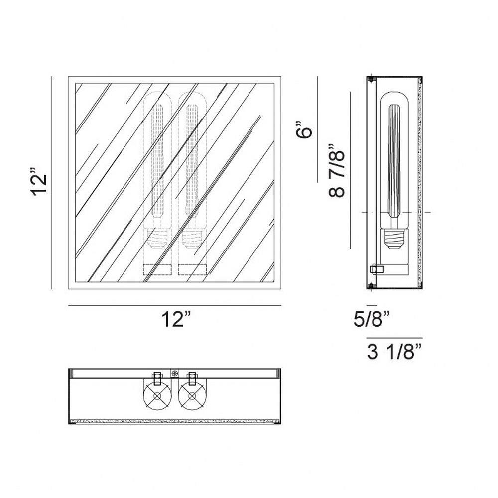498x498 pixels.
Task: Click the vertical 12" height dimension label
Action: (x=40, y=184)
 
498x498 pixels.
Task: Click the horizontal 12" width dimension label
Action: (x=177, y=319)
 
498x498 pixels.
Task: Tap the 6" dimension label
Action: (x=304, y=129)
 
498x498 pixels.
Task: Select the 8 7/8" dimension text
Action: (x=336, y=170)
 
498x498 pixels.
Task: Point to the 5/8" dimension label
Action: (x=372, y=319)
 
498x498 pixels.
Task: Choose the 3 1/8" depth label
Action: (x=395, y=352)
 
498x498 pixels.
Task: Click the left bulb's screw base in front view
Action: (x=157, y=239)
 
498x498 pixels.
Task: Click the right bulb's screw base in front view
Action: (x=192, y=239)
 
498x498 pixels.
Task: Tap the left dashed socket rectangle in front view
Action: (x=157, y=269)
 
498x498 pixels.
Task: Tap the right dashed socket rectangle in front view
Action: (x=192, y=269)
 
